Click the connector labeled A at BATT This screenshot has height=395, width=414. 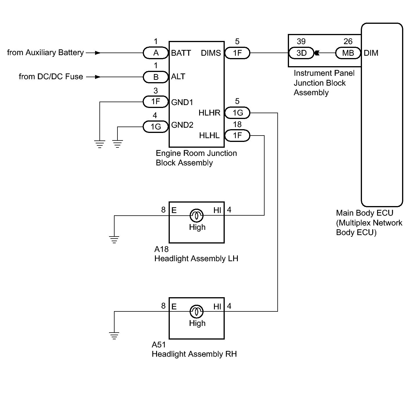pos(156,53)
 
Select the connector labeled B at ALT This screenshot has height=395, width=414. pos(156,77)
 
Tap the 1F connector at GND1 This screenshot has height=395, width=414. pos(156,102)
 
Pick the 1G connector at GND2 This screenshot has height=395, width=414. pos(156,127)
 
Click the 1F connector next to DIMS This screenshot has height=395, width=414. pos(237,53)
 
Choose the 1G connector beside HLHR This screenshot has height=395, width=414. pos(237,113)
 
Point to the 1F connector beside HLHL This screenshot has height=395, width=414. pos(237,135)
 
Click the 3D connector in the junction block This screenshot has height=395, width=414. pos(301,53)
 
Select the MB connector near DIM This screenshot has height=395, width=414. pos(348,53)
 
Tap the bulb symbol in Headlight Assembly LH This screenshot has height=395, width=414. pos(196,216)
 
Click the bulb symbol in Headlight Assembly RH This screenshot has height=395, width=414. pos(196,311)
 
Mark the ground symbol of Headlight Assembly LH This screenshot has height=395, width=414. pos(114,239)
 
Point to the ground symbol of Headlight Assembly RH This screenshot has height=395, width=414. pos(114,336)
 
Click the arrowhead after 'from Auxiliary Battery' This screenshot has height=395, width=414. pos(98,53)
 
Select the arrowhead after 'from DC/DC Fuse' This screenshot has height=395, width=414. pos(98,77)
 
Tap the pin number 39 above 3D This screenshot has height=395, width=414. pos(301,42)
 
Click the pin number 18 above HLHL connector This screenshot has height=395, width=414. pos(237,124)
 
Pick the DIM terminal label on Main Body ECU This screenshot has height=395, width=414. pos(371,53)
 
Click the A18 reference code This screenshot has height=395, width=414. pos(161,249)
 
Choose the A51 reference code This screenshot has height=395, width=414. pos(158,345)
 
